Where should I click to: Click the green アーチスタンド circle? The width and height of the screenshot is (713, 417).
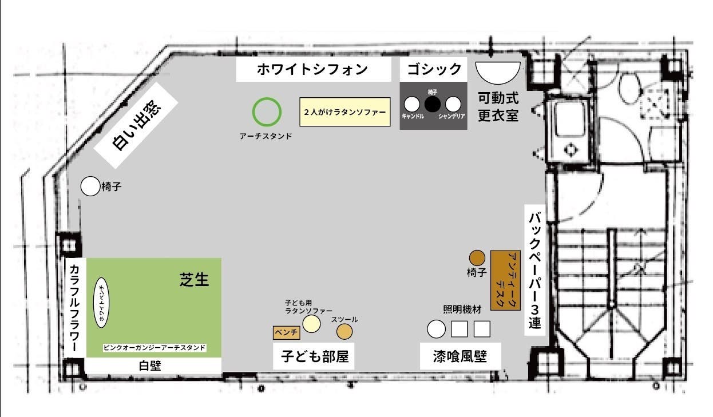point(267,112)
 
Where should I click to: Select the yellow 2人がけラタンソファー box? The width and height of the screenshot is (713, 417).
point(344,112)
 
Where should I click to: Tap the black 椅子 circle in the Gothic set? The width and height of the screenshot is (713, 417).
point(433,104)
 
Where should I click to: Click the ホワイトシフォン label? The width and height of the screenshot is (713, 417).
point(312,70)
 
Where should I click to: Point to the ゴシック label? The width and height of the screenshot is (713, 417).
point(434,70)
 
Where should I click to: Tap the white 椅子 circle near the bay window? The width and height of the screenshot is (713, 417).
point(90,186)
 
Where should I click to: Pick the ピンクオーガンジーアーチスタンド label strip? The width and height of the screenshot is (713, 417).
point(154,348)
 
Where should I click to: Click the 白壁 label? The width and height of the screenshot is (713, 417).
point(153,366)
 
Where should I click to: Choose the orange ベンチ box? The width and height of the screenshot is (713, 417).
point(286,332)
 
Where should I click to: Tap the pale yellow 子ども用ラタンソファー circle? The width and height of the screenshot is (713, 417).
point(311,324)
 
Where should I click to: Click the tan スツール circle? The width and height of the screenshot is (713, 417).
point(344,332)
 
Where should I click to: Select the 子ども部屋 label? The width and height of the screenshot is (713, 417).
point(314,356)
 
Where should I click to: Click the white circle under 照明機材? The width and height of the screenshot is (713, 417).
point(436,329)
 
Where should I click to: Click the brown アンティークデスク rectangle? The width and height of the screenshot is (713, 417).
point(506,280)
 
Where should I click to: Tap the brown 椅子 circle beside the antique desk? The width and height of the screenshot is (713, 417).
point(477,258)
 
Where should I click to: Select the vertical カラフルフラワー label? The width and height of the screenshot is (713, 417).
point(74,308)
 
